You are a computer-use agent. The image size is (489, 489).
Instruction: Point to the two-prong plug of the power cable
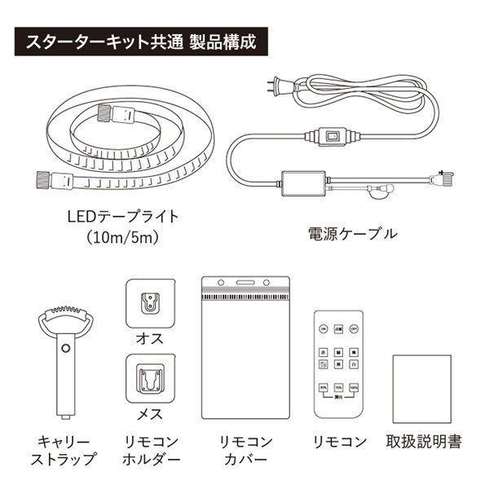click(x=277, y=84)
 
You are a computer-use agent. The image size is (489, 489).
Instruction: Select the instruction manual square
click(x=421, y=384)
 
